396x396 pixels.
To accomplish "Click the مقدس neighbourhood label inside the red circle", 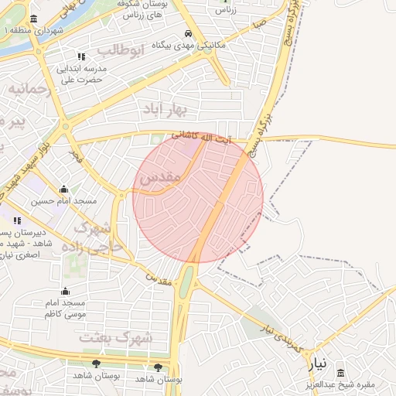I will point(160,178).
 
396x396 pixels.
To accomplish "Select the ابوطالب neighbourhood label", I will point(121,52).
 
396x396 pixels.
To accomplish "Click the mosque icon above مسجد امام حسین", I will point(63,189).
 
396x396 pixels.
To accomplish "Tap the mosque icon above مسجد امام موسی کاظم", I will point(65,292).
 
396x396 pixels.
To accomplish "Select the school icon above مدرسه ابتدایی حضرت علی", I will point(81,56).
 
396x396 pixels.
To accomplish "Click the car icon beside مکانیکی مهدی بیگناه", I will point(189,34).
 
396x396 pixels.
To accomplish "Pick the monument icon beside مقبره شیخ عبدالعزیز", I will point(340,374).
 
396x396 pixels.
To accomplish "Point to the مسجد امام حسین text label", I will point(63,201).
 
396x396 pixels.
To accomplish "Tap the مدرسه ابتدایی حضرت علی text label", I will point(80,73).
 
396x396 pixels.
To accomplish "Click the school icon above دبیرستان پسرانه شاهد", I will point(17,220).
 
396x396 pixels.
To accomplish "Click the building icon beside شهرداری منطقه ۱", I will point(32,19).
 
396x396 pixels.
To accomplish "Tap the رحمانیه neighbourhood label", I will point(30,90).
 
